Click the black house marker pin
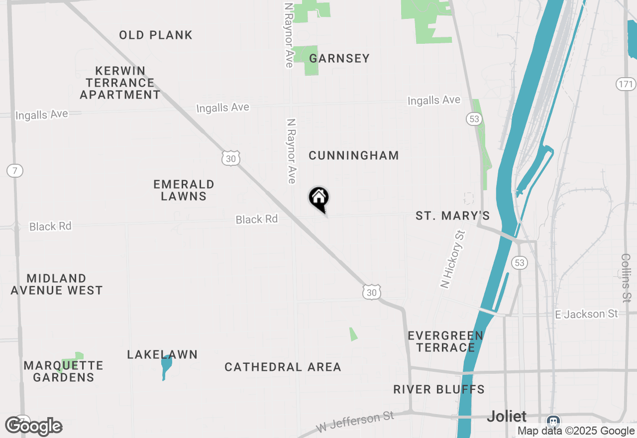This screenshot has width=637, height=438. coord(319,198)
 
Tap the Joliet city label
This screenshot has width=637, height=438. coord(507,416)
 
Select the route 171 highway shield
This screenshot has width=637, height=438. coord(626,84)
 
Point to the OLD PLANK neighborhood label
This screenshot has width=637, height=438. coord(156,35)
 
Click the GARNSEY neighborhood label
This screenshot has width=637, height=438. coord(339,58)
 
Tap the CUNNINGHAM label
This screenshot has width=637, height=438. coord(354,155)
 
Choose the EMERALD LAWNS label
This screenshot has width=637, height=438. coord(184,190)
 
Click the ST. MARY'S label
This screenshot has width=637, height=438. coord(452,216)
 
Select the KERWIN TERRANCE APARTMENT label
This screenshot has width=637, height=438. coord(120,83)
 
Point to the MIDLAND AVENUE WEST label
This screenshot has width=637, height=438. coord(57,284)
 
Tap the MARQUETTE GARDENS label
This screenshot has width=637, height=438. coord(63,371)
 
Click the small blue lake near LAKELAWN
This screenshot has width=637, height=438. coord(166,367)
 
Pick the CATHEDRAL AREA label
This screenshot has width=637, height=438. coord(283,367)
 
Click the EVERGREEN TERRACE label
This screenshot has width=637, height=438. coord(445,341)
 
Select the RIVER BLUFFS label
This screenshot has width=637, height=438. coord(439,389)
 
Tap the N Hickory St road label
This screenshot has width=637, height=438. coord(452,259)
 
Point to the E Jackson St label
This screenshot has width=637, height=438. coord(586,314)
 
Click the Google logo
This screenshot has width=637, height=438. coord(34,426)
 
